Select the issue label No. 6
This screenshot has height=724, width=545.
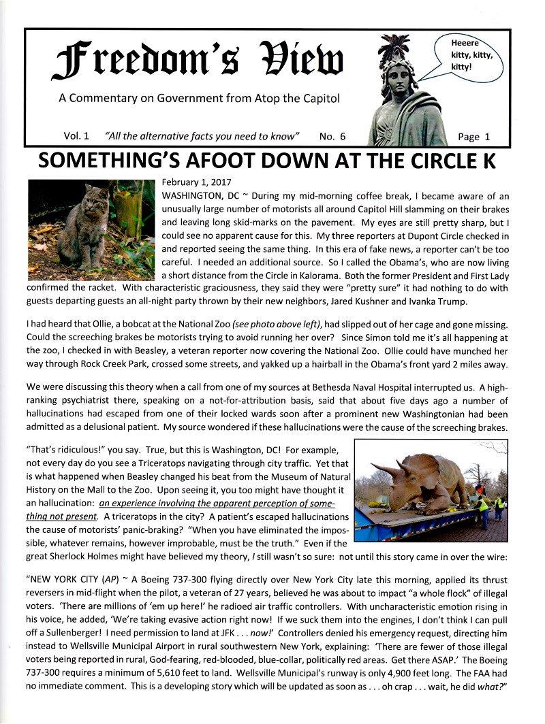(x=332, y=136)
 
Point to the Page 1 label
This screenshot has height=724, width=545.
(x=473, y=136)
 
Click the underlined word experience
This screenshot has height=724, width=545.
(x=131, y=505)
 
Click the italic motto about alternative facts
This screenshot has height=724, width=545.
(x=202, y=136)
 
